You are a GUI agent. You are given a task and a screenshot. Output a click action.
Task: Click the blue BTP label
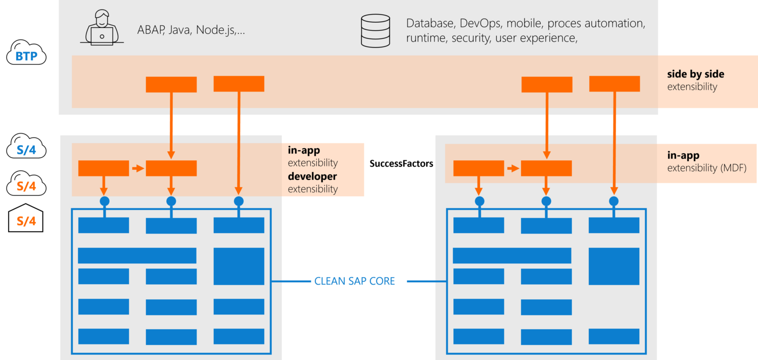tap(26, 57)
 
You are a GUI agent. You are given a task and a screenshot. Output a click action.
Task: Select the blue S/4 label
tap(26, 150)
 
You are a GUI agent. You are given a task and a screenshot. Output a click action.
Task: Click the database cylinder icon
tap(375, 30)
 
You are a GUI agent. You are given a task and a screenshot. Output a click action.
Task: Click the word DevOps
tap(480, 23)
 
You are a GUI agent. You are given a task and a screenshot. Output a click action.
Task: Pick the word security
tap(468, 38)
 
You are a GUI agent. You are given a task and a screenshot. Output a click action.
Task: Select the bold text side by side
tap(695, 74)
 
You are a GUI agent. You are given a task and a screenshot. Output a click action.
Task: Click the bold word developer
tap(312, 176)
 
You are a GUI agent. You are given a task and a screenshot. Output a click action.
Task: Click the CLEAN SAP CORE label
tap(354, 281)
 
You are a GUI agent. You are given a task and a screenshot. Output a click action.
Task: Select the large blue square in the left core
tap(239, 266)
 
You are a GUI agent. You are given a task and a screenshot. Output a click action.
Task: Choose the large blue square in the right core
tap(614, 266)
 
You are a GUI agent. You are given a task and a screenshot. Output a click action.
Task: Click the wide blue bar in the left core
tap(137, 256)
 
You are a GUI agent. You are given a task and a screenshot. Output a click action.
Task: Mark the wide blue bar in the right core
tap(512, 256)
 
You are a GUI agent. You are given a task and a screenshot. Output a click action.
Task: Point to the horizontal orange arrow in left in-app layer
tap(137, 168)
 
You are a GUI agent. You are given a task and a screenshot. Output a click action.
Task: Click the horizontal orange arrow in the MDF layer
tap(512, 168)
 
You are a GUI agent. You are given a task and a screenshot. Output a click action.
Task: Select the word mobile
tap(525, 23)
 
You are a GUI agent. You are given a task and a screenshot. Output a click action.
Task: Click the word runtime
tap(424, 38)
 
